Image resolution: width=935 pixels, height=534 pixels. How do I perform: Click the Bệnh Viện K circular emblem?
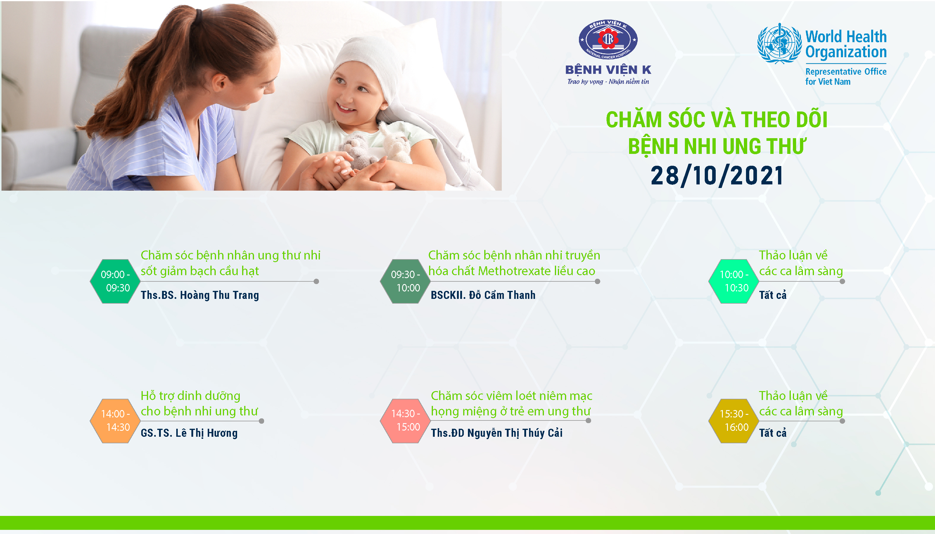pyautogui.click(x=608, y=39)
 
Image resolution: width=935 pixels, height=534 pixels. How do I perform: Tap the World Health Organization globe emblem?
pyautogui.click(x=780, y=43)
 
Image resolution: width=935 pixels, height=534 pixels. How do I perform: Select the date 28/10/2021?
pyautogui.click(x=717, y=175)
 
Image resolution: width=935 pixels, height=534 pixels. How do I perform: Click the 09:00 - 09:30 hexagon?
pyautogui.click(x=115, y=281)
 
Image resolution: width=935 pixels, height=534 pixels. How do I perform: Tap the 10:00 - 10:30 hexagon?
pyautogui.click(x=734, y=281)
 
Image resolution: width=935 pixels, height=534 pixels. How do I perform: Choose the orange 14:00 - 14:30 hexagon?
pyautogui.click(x=115, y=421)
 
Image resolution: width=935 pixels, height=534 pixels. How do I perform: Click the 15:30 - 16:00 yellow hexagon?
pyautogui.click(x=734, y=421)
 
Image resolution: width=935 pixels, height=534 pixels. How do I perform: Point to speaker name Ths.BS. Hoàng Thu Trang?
pyautogui.click(x=200, y=295)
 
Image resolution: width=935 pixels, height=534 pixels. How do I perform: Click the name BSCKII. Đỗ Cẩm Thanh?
pyautogui.click(x=483, y=295)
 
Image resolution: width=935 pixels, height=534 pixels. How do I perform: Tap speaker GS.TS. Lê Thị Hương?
pyautogui.click(x=189, y=433)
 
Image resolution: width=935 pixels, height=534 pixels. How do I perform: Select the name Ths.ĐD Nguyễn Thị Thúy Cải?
pyautogui.click(x=496, y=433)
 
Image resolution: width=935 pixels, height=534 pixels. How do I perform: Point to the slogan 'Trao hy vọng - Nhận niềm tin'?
pyautogui.click(x=608, y=82)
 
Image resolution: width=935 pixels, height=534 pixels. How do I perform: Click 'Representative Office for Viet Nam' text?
pyautogui.click(x=846, y=76)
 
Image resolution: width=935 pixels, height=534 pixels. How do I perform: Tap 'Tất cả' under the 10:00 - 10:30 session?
pyautogui.click(x=773, y=295)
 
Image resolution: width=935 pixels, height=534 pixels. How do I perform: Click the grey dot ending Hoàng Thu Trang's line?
pyautogui.click(x=316, y=281)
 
